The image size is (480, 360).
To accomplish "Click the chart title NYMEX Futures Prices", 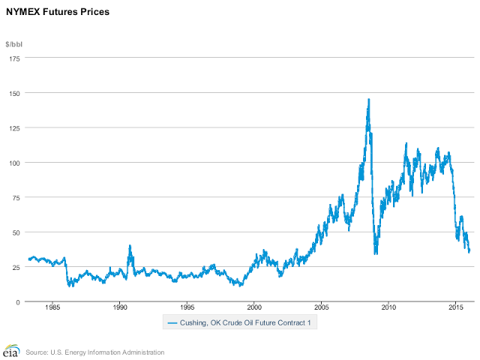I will point(58,12).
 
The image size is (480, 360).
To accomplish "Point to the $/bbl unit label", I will point(15,44).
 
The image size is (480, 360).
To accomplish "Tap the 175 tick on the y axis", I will point(14,58).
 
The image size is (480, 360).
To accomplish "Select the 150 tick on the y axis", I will point(14,93).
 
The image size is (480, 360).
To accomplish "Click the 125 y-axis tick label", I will point(14,128).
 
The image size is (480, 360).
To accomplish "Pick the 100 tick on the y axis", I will point(14,163).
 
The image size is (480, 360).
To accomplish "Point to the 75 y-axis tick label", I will point(16,197).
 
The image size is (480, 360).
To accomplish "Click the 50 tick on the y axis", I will point(16,232).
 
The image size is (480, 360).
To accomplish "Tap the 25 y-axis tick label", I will point(16,267).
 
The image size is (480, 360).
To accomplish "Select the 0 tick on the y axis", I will point(19,301).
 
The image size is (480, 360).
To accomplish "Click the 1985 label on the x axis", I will point(52,307).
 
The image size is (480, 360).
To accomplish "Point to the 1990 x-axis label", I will point(120,307).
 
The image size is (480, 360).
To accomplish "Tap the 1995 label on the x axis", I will point(187,307).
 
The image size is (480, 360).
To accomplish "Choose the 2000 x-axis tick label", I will point(254,307).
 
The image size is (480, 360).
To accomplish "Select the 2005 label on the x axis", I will point(322,307).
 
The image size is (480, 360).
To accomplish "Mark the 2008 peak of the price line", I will point(368,99).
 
